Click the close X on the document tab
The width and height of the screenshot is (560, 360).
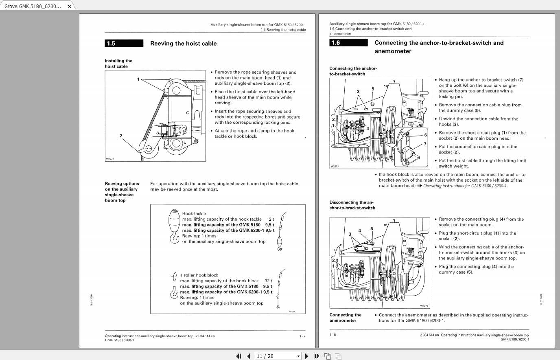click(69, 7)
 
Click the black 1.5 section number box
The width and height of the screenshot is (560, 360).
click(124, 44)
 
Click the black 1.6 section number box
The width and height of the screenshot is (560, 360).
click(348, 43)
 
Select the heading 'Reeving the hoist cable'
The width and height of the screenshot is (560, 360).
click(183, 44)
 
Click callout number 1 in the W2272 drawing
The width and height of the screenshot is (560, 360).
click(138, 79)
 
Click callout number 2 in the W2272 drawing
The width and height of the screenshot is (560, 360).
click(121, 136)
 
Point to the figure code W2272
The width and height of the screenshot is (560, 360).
click(110, 159)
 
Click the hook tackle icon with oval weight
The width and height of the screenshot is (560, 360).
click(174, 226)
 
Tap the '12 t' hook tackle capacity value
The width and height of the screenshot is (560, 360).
click(270, 219)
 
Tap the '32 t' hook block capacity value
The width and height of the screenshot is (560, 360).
click(268, 281)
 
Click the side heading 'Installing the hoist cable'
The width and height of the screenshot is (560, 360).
click(118, 64)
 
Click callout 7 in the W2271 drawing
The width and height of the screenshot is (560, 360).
click(425, 144)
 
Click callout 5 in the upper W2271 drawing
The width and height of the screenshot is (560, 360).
click(373, 89)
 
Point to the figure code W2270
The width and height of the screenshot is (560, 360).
click(424, 306)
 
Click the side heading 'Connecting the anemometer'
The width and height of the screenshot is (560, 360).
click(345, 318)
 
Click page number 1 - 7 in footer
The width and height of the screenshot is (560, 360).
click(302, 336)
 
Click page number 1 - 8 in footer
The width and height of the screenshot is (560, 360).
click(332, 335)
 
